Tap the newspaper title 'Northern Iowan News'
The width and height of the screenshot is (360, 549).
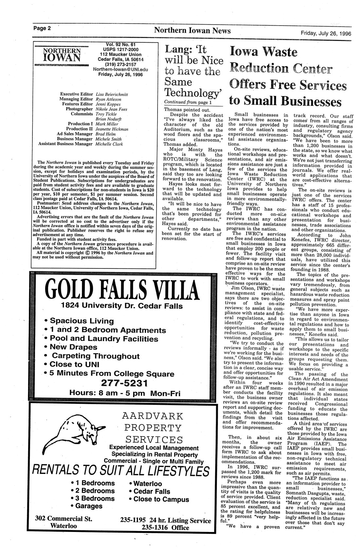tap(192, 31)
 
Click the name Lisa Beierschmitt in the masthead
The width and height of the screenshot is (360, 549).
tap(111, 94)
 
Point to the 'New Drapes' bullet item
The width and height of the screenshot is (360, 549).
tap(73, 347)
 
